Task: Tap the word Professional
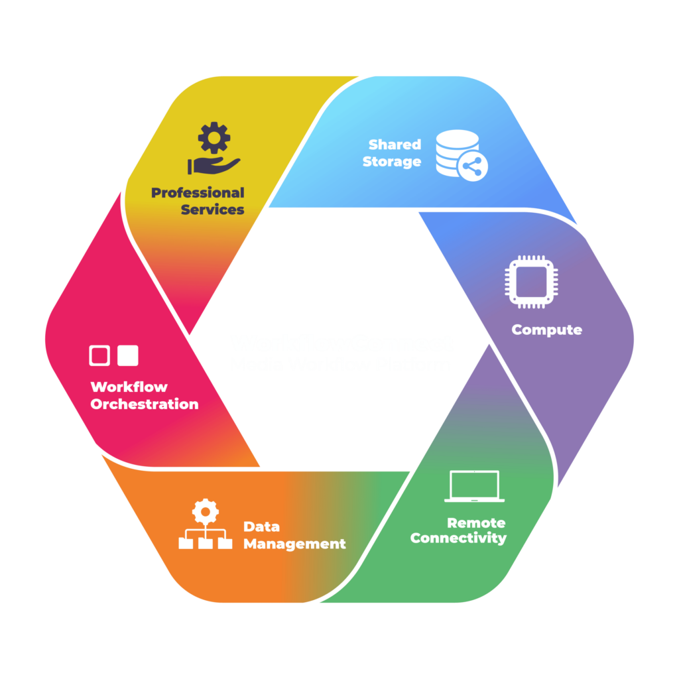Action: click(x=198, y=193)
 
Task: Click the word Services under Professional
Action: click(x=212, y=210)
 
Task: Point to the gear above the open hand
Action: click(x=214, y=138)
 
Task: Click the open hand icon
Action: click(x=214, y=164)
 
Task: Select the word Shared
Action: click(x=395, y=145)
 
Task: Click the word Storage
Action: click(x=391, y=162)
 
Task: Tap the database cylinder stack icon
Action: click(x=456, y=151)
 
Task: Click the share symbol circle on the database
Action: click(x=472, y=168)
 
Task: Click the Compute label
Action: click(x=546, y=330)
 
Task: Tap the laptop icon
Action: click(x=474, y=487)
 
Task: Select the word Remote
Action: click(x=475, y=523)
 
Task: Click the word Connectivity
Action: click(x=458, y=538)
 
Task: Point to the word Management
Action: click(x=294, y=544)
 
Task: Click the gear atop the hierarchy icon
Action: click(x=205, y=511)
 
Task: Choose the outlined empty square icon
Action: click(x=99, y=355)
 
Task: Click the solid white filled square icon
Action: click(x=127, y=355)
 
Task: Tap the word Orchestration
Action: click(x=144, y=404)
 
